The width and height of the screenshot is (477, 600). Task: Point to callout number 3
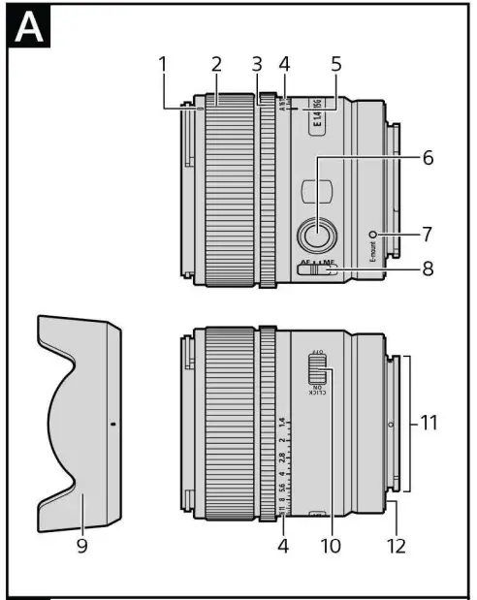[x=257, y=65]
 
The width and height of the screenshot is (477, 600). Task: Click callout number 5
[x=336, y=65]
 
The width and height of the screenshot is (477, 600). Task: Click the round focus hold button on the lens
[x=317, y=234]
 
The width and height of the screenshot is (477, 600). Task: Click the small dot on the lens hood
[x=113, y=424]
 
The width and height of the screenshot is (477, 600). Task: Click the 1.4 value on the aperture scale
[x=282, y=423]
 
